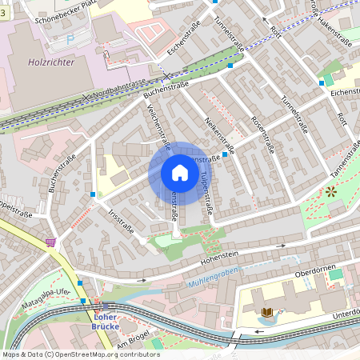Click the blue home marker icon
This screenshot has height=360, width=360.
(180, 173)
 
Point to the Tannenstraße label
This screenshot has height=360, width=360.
(345, 158)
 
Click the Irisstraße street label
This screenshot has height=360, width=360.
(118, 221)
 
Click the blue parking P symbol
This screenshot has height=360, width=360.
(70, 38)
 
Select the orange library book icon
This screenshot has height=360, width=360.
(267, 311)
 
